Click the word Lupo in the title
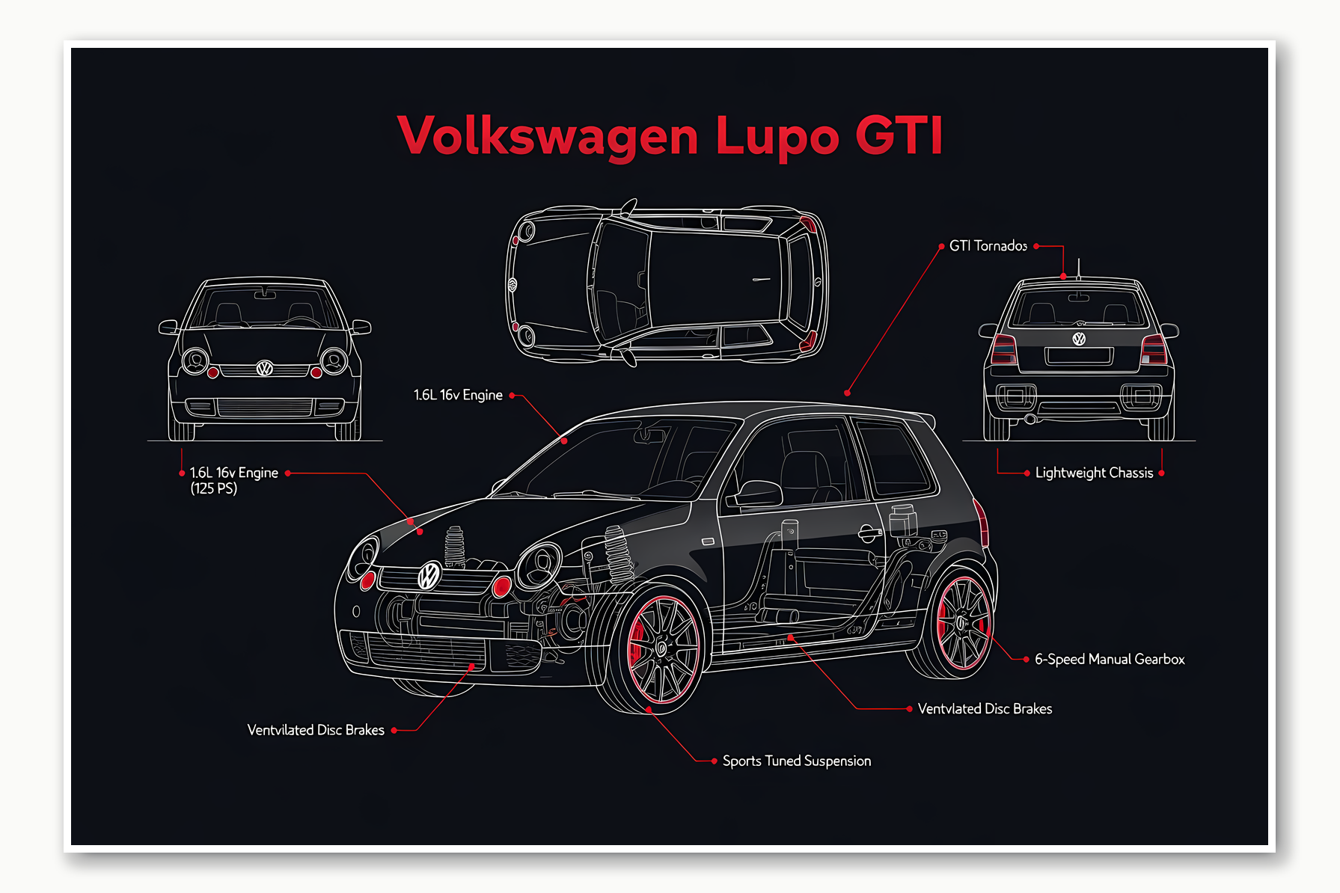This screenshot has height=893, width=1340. point(777,136)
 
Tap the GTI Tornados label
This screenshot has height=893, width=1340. point(988,246)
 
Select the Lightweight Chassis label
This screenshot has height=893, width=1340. point(1094,473)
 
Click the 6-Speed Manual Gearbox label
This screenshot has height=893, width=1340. point(1109,659)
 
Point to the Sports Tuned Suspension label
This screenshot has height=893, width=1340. point(796,761)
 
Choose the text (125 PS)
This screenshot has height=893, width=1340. point(213,489)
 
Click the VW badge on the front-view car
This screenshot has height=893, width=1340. point(265,368)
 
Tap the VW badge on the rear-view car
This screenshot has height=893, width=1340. point(1079,339)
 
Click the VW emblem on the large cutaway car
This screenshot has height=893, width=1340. point(429,575)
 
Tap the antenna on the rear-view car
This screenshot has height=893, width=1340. point(1078,268)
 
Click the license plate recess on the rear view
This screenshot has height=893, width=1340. point(1079,356)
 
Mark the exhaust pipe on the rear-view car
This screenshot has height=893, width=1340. point(1030,419)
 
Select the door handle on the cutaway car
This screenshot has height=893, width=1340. point(869,533)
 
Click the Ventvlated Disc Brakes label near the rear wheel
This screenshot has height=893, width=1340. point(985,709)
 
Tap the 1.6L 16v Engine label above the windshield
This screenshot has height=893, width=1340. point(458,395)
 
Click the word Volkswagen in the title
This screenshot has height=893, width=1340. point(548,136)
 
